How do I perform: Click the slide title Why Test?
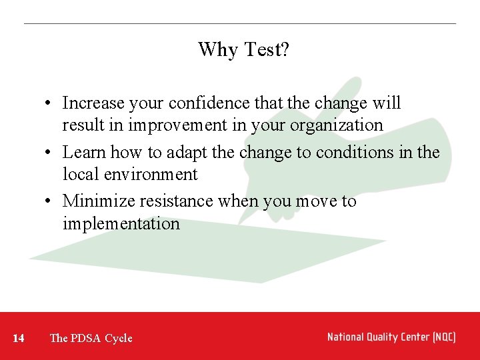[243, 49]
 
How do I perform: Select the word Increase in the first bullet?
[93, 103]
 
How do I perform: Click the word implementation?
[121, 224]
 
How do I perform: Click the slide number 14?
[19, 338]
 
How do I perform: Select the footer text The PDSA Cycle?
[91, 338]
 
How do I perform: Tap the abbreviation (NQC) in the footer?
[443, 337]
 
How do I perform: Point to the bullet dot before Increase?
[50, 104]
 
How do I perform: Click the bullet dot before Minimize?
[50, 202]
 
